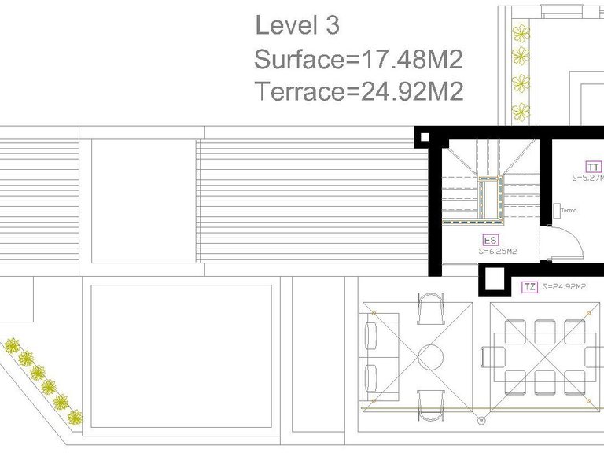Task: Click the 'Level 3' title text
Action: click(296, 25)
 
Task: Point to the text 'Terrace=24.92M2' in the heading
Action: click(359, 92)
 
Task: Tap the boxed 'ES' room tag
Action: click(489, 241)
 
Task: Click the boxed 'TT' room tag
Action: click(594, 167)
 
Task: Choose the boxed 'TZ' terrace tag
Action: click(530, 287)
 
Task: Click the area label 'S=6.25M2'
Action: click(497, 252)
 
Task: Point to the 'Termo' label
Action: click(569, 210)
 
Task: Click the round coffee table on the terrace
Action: click(430, 357)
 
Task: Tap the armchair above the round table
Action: click(430, 308)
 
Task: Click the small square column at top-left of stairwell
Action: click(425, 138)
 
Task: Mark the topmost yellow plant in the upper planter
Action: click(520, 33)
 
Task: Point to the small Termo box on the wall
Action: click(556, 210)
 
